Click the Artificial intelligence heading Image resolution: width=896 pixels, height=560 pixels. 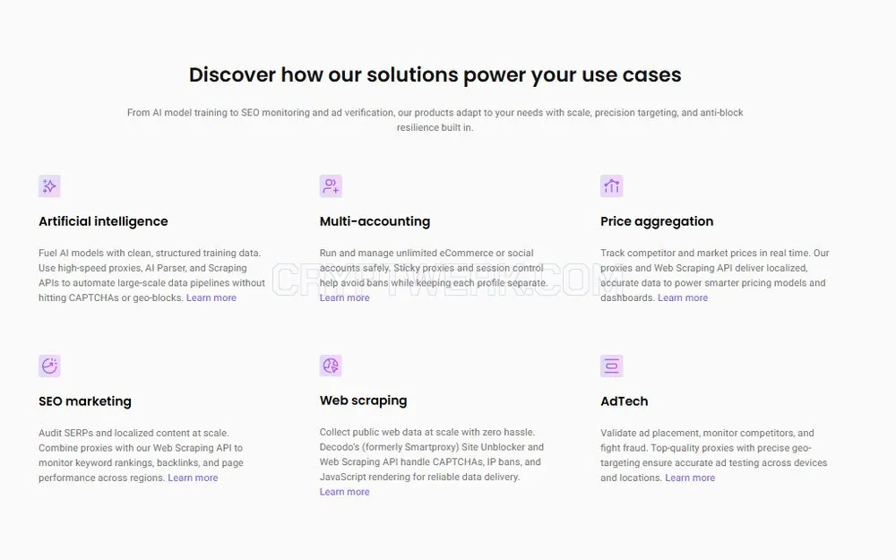(x=103, y=221)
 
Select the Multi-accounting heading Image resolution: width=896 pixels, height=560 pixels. (x=375, y=221)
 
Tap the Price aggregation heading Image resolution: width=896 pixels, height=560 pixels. (x=657, y=221)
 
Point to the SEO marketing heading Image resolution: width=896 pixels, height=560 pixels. (x=85, y=401)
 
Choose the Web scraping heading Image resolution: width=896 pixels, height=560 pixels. (x=364, y=401)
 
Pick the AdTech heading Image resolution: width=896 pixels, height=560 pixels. (x=624, y=401)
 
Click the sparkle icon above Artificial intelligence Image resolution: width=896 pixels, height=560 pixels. (x=49, y=186)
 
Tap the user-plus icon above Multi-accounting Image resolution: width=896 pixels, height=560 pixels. (x=331, y=186)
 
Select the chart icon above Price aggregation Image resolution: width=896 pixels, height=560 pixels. (x=611, y=186)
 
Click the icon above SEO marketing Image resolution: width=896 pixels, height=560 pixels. (x=49, y=366)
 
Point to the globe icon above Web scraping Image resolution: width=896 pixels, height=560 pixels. (x=331, y=366)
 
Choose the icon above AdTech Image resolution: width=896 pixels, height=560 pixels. (x=611, y=366)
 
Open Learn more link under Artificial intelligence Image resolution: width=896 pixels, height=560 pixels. (x=211, y=297)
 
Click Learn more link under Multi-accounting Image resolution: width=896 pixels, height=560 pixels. (x=345, y=297)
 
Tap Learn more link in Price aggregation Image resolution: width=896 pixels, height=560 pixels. (x=683, y=297)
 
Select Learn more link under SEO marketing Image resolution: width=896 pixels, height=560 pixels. (x=194, y=478)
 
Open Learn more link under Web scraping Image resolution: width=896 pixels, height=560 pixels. (x=345, y=491)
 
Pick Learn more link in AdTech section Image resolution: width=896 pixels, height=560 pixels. (x=690, y=478)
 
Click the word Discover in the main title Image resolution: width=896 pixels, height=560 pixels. (x=233, y=75)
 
